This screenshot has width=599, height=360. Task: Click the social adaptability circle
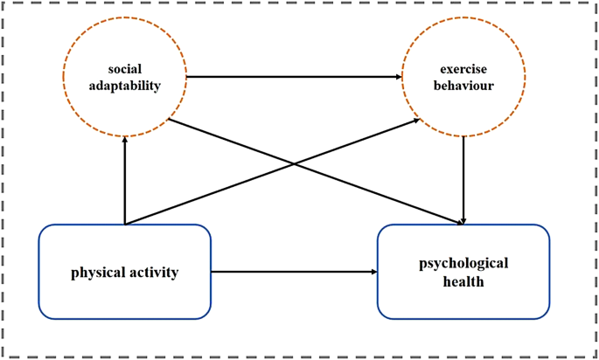point(124,77)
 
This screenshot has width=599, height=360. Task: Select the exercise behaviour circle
point(463,77)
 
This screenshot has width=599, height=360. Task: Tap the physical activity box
point(124,272)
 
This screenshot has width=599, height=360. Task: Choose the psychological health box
point(463,272)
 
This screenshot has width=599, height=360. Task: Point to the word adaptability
point(124,86)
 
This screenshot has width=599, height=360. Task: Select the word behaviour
point(463,86)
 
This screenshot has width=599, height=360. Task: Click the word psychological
point(463,263)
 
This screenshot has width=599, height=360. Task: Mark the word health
point(463,281)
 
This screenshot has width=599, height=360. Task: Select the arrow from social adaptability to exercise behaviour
point(293,77)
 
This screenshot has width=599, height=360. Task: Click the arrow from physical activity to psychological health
point(293,272)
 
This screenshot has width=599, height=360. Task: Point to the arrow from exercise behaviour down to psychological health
point(463,179)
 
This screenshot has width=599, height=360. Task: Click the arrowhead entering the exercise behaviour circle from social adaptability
point(398,77)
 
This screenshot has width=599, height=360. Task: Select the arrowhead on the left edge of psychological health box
point(374,272)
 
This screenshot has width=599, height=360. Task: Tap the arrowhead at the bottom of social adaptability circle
point(125,142)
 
